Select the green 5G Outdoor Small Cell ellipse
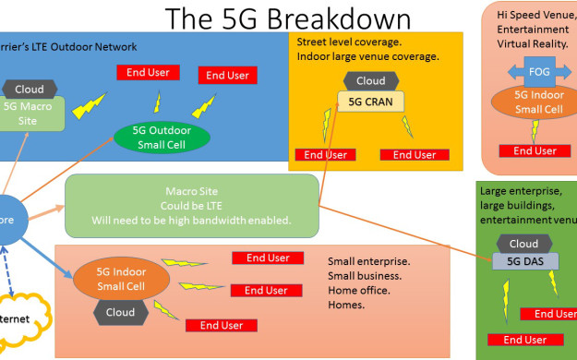[x=162, y=138]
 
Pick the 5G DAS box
[x=526, y=262]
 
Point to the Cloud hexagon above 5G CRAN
[x=370, y=81]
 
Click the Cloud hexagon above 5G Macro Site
[x=30, y=90]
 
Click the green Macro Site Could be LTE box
[x=191, y=207]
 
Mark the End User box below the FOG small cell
[x=535, y=150]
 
